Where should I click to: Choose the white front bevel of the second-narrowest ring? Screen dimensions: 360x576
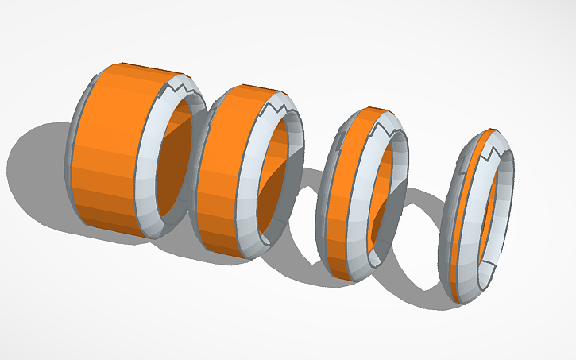click(367, 199)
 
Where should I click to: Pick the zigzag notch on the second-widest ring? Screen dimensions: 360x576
click(278, 104)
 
